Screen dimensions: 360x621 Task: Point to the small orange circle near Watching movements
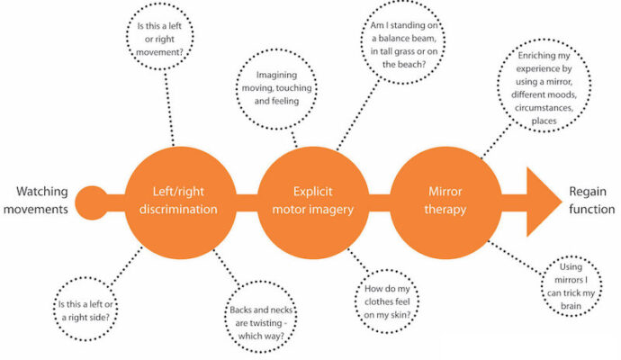click(92, 199)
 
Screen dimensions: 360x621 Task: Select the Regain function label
click(591, 200)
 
